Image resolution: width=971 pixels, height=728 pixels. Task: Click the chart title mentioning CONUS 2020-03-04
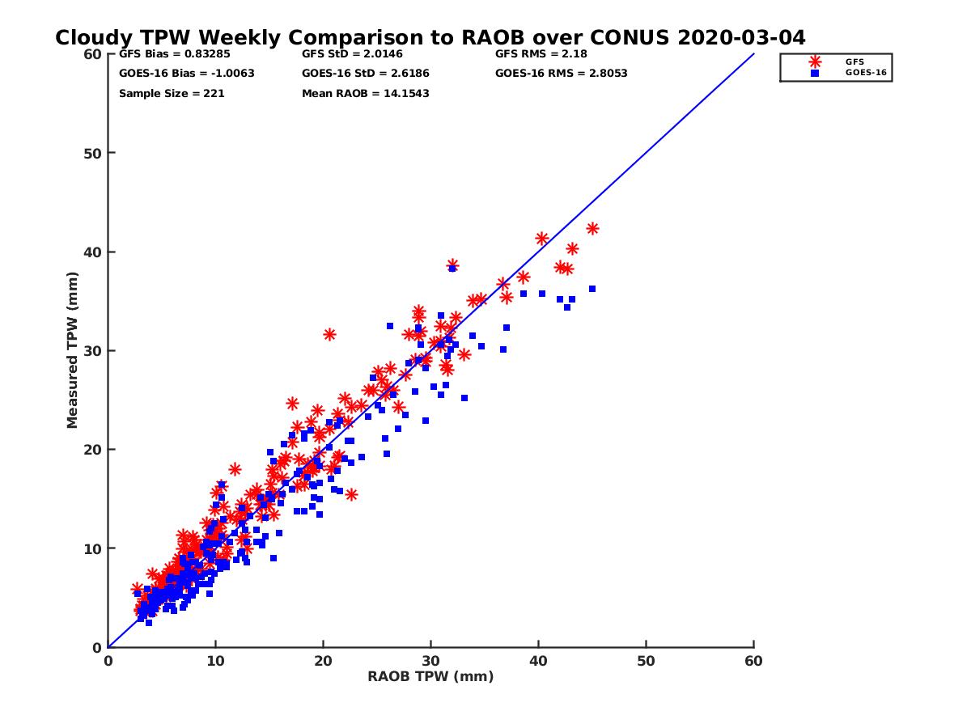point(430,38)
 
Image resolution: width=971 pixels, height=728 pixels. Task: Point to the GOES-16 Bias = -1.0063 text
point(187,74)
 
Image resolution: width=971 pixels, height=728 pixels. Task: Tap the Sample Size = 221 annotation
point(172,94)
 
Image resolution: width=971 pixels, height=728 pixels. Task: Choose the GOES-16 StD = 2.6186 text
point(366,74)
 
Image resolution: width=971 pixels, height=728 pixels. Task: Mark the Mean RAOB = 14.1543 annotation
point(366,94)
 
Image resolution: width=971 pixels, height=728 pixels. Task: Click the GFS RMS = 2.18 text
point(541,54)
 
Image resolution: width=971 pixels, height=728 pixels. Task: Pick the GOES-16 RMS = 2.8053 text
point(562,74)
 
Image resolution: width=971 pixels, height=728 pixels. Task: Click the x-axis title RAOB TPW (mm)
point(430,677)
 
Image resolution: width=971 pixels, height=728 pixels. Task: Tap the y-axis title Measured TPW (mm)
point(73,350)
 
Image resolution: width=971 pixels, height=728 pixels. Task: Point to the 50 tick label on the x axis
point(646,661)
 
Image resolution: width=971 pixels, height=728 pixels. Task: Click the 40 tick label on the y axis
point(92,252)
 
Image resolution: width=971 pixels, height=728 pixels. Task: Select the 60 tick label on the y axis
point(92,54)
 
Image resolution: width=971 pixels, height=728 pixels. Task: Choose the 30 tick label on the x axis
point(430,661)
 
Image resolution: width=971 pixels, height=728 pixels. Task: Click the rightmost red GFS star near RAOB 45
point(592,229)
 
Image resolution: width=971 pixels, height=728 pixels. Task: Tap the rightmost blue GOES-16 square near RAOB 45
point(592,289)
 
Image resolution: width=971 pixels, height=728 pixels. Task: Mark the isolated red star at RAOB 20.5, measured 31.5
point(329,334)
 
